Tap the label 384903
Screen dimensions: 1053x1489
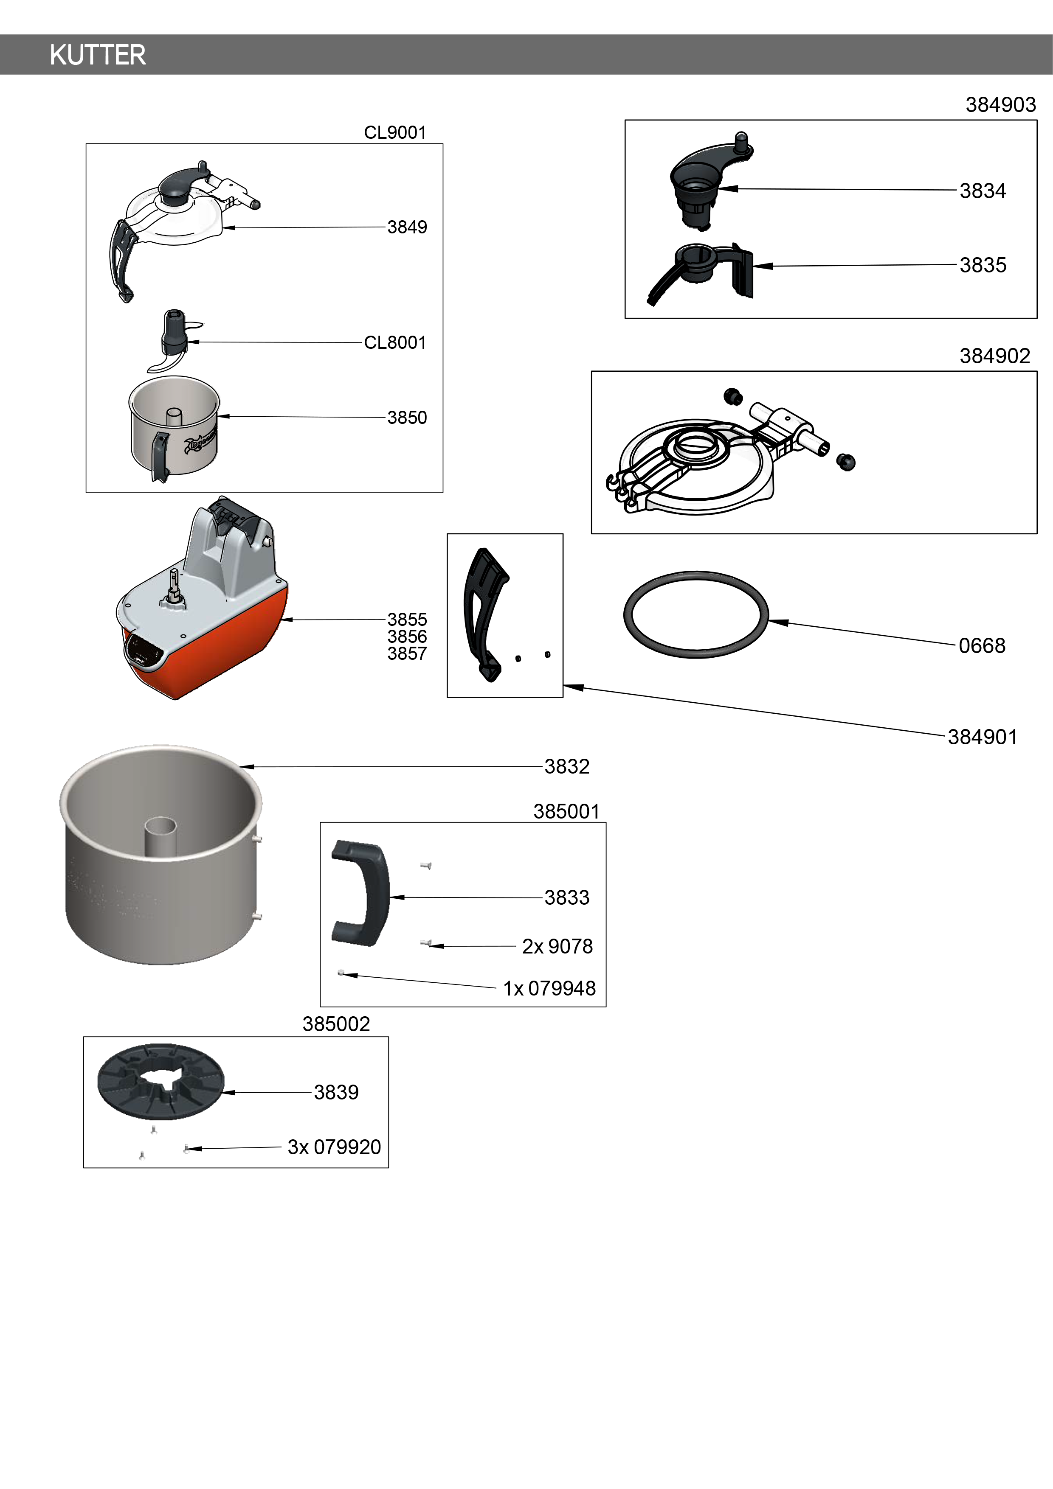pyautogui.click(x=1000, y=105)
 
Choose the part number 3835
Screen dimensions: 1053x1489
pyautogui.click(x=983, y=265)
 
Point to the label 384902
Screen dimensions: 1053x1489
pyautogui.click(x=994, y=356)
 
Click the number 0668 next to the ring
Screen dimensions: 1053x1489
pyautogui.click(x=982, y=646)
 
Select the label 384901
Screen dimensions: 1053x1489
pyautogui.click(x=982, y=737)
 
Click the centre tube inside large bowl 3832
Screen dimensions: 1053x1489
pyautogui.click(x=160, y=837)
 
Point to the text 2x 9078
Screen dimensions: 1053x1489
pyautogui.click(x=557, y=947)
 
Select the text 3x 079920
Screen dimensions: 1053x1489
pyautogui.click(x=334, y=1147)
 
